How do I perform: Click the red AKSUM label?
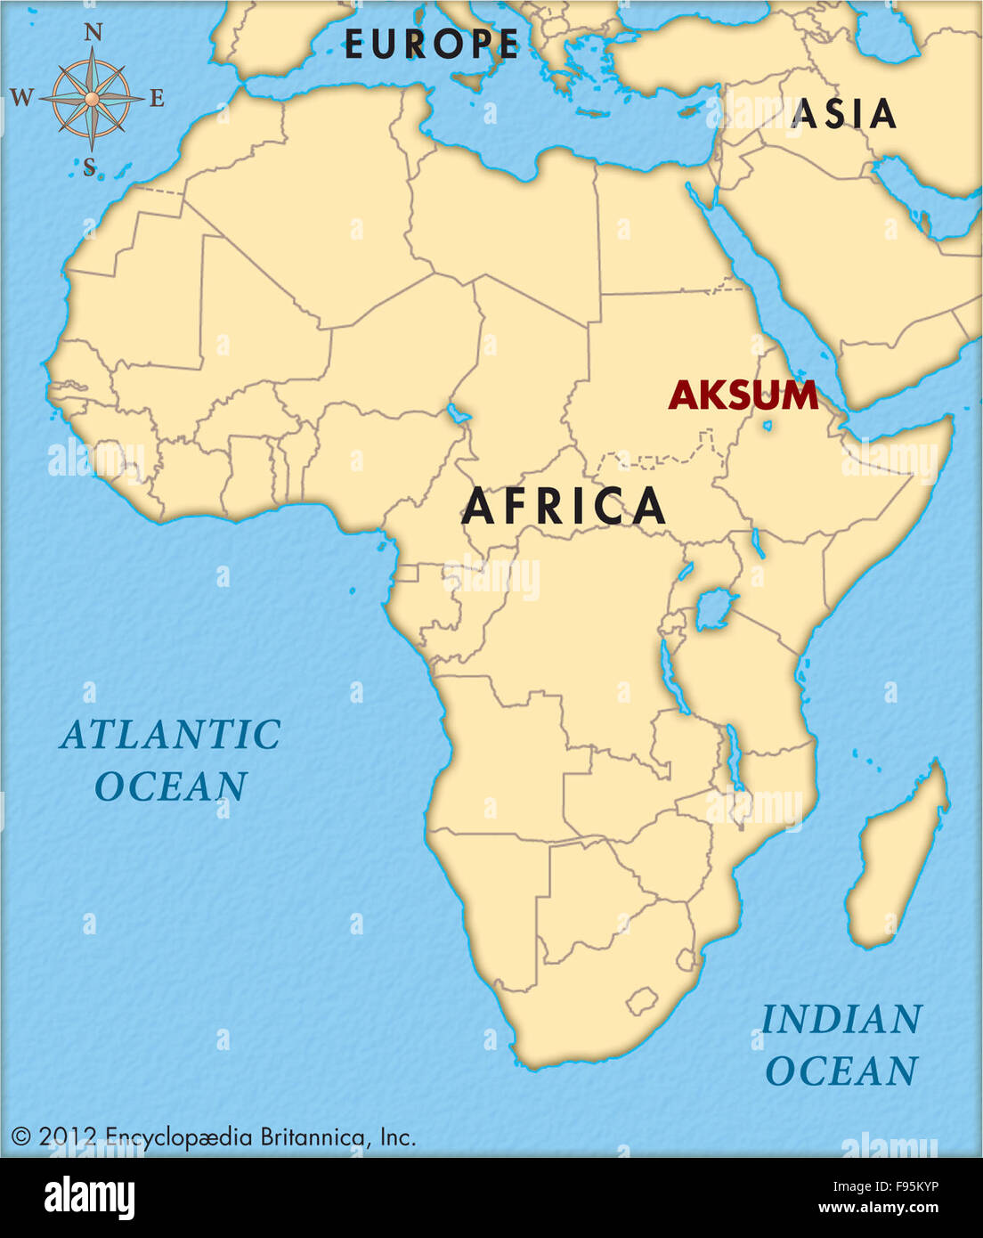tap(743, 395)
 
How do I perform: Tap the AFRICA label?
tap(564, 507)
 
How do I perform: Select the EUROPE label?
tap(431, 45)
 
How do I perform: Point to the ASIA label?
tap(843, 114)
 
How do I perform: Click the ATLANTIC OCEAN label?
tap(170, 761)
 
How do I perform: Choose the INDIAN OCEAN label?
tap(841, 1045)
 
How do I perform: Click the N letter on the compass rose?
tap(93, 34)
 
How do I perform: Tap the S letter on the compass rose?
tap(89, 167)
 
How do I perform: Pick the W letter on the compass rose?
tap(22, 98)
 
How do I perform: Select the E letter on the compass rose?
tap(157, 98)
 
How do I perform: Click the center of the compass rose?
tap(92, 98)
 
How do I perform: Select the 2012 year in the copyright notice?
tap(68, 1136)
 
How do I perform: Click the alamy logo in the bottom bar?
tap(89, 1198)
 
